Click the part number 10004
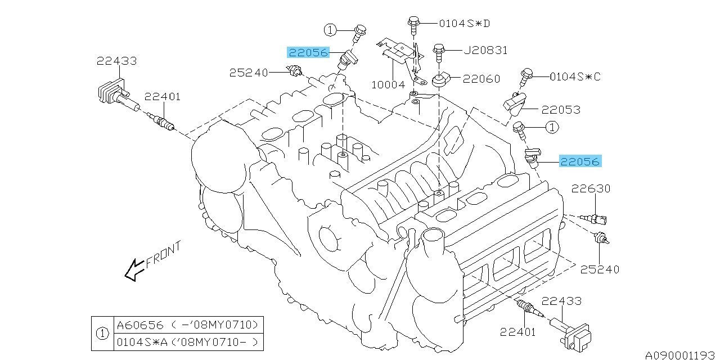(388, 85)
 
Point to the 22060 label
(481, 79)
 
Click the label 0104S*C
(574, 76)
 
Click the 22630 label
(591, 188)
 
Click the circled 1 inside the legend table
(102, 334)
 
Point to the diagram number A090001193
(681, 354)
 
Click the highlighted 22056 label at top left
(308, 52)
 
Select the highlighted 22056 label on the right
(580, 161)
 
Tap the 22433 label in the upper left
(116, 61)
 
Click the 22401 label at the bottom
(517, 331)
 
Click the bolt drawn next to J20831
(440, 53)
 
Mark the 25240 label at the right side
(600, 269)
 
